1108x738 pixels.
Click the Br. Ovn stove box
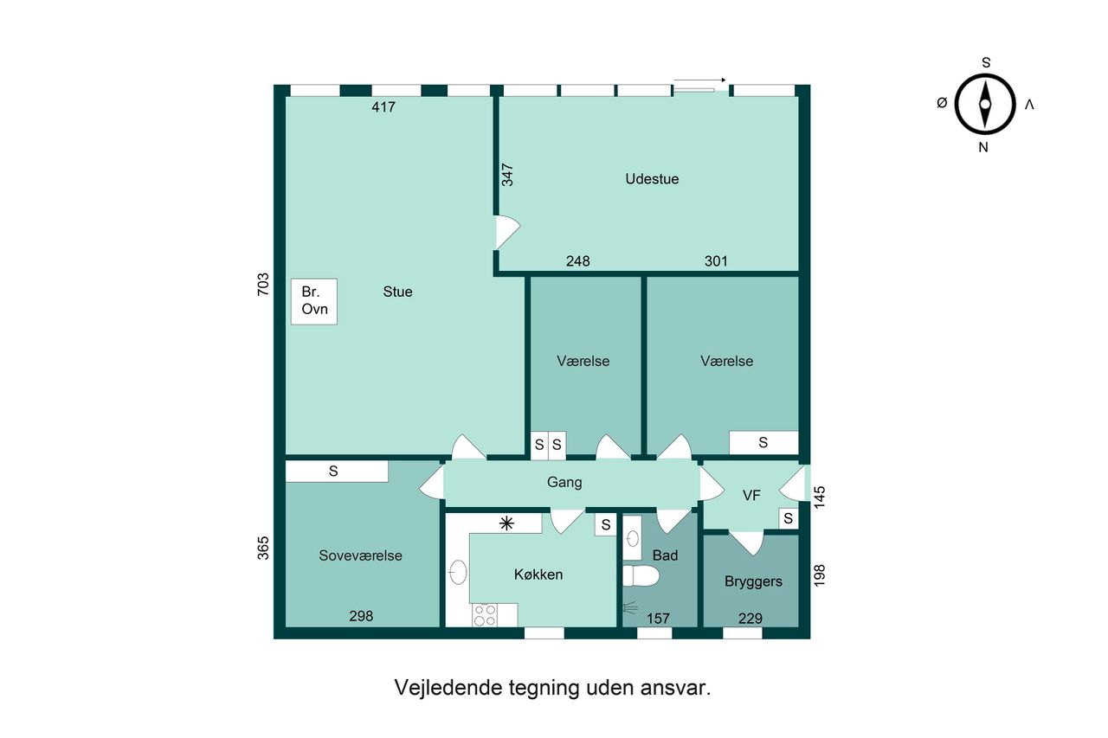[314, 302]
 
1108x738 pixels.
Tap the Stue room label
[397, 292]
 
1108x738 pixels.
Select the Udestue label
[652, 179]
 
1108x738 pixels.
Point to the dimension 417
[383, 106]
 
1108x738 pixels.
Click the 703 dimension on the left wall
[263, 285]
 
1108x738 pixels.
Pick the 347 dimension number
[507, 175]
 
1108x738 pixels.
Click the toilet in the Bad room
[641, 576]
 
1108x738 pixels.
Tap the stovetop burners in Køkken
[485, 615]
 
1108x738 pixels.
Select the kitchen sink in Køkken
[458, 573]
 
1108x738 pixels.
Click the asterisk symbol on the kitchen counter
[506, 523]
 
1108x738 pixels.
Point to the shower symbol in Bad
[629, 608]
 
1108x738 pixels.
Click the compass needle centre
[985, 105]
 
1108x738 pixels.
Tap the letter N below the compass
[983, 147]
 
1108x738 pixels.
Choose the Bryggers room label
[753, 581]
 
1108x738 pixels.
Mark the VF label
[751, 495]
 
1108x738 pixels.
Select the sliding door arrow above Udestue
[699, 80]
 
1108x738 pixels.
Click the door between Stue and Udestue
[507, 232]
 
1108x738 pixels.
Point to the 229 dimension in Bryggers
[750, 619]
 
